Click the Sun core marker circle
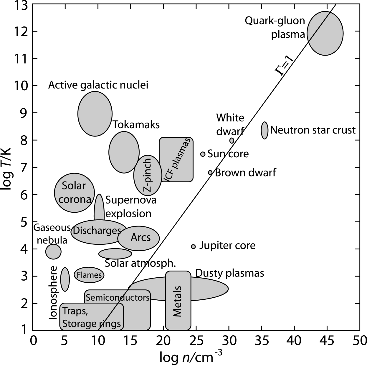(x=203, y=154)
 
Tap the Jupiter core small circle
(x=193, y=246)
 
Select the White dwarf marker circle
(x=232, y=141)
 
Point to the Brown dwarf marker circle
(x=210, y=173)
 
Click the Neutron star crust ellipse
(x=264, y=130)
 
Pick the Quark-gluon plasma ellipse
(x=325, y=33)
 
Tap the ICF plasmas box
(x=176, y=159)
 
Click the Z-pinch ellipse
(x=148, y=175)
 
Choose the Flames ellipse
(x=89, y=275)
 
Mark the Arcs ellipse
(x=139, y=238)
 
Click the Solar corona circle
(x=74, y=193)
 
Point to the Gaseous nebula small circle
(x=53, y=252)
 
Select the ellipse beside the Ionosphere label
(x=65, y=279)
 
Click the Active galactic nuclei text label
(x=98, y=85)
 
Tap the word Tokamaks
(x=136, y=125)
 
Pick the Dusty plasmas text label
(x=229, y=273)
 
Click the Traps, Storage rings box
(x=92, y=316)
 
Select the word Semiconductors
(x=118, y=297)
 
